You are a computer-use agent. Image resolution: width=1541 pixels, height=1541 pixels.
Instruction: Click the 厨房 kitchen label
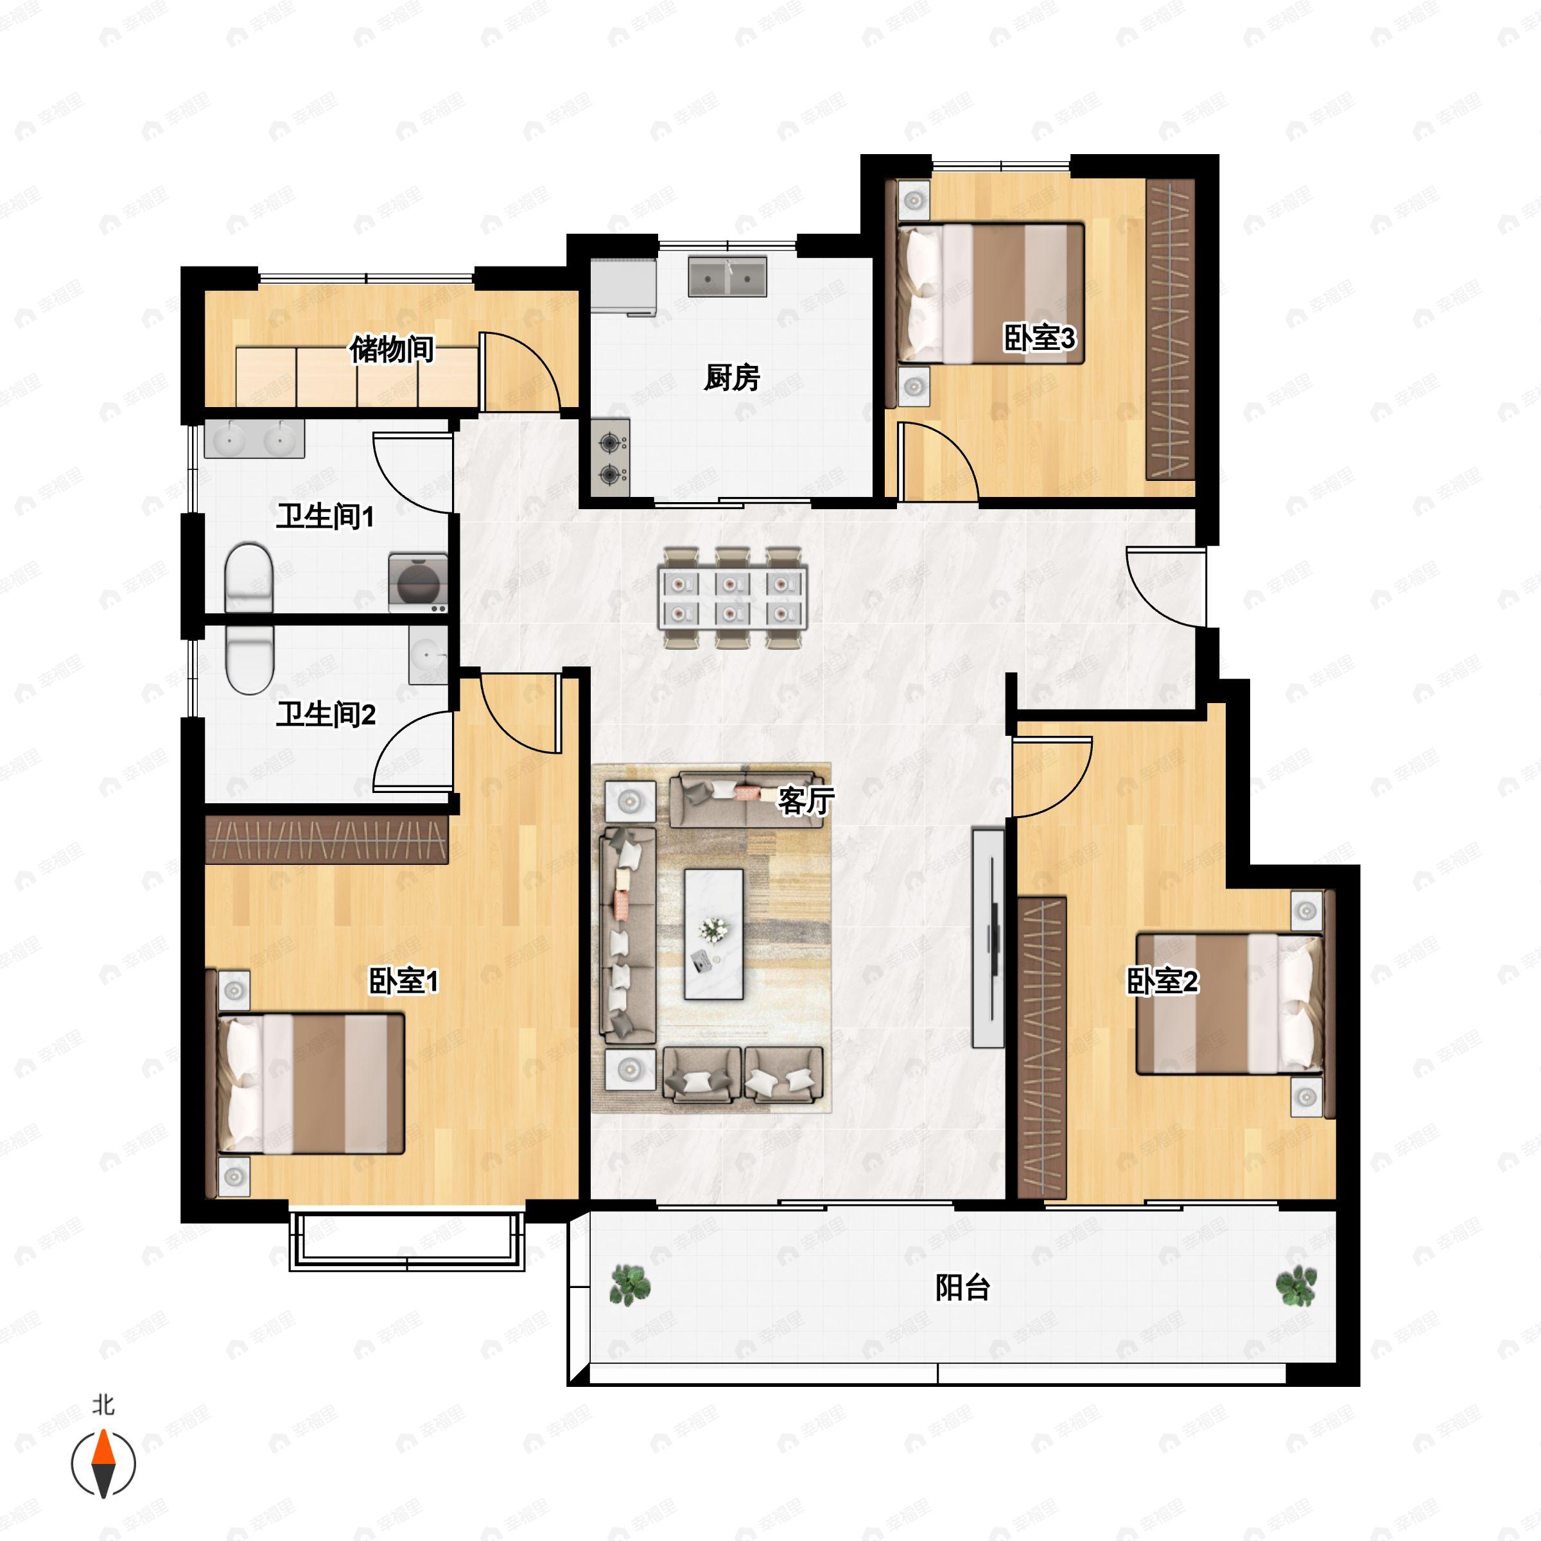pos(731,378)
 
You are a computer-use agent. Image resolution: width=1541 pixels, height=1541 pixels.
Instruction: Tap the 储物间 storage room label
pos(392,349)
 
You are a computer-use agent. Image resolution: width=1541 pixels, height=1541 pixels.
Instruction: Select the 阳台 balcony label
pos(962,1288)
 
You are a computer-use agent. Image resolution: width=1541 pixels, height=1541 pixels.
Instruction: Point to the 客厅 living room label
pos(806,801)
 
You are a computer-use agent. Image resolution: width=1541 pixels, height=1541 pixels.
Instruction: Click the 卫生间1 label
pos(325,517)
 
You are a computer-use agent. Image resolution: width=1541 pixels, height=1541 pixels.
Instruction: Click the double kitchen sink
pos(727,276)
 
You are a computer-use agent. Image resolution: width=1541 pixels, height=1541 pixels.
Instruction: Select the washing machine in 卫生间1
pos(418,583)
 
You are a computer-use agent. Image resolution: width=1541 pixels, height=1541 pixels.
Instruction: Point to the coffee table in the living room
pos(714,934)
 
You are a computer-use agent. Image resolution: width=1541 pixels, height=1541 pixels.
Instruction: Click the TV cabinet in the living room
pos(988,938)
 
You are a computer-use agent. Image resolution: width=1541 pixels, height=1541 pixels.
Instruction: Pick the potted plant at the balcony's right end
pos(1296,1285)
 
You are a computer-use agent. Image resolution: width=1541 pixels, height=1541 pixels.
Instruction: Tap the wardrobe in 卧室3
pos(1170,329)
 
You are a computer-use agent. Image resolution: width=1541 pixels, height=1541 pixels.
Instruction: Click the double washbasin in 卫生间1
pos(254,439)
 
